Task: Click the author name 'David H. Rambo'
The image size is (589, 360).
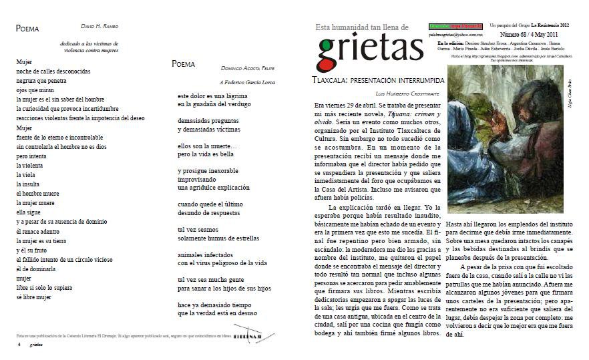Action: (99, 27)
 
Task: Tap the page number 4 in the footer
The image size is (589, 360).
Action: (19, 345)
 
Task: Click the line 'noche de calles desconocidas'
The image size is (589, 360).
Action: (53, 71)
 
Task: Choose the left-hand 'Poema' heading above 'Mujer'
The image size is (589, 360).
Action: (27, 29)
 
